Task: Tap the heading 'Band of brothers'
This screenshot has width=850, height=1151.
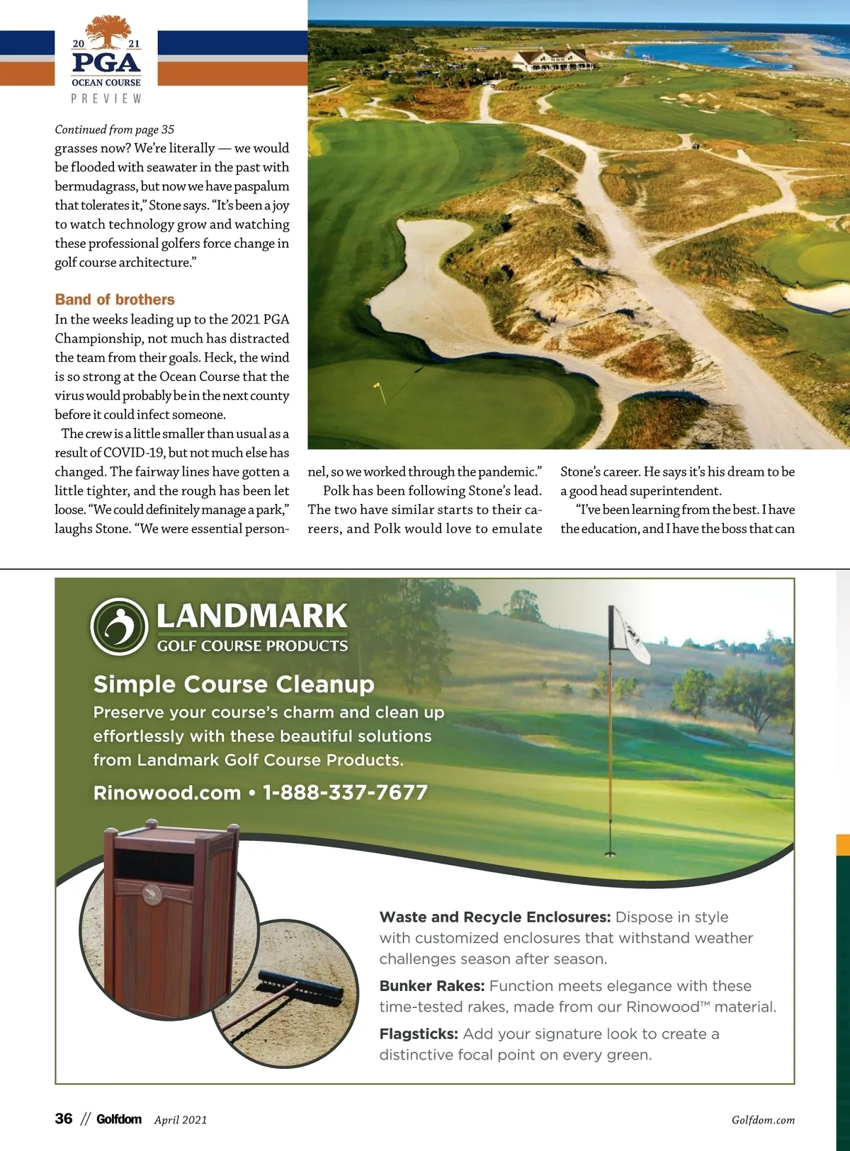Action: click(x=115, y=299)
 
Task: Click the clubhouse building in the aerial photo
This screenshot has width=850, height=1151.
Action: click(x=553, y=59)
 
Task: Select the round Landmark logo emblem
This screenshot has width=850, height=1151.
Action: click(x=118, y=626)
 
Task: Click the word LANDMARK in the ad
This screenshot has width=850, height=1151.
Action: click(x=251, y=616)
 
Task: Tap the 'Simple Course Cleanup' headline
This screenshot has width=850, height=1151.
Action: click(x=234, y=685)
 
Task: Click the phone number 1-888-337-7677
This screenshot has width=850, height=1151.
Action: click(x=345, y=792)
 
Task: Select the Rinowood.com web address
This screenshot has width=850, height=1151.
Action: click(x=167, y=793)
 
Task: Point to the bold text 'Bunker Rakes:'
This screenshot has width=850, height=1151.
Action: click(x=432, y=986)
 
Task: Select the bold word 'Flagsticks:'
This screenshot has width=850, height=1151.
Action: click(x=419, y=1034)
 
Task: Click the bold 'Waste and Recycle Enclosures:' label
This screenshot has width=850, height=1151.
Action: click(x=494, y=917)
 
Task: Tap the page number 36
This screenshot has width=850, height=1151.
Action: click(x=64, y=1118)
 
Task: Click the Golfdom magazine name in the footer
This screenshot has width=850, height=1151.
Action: click(x=119, y=1119)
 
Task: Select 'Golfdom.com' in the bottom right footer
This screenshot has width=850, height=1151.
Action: click(x=763, y=1120)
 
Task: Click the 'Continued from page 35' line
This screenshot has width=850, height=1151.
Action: click(x=114, y=130)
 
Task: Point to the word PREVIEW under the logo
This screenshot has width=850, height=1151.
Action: click(x=106, y=99)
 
